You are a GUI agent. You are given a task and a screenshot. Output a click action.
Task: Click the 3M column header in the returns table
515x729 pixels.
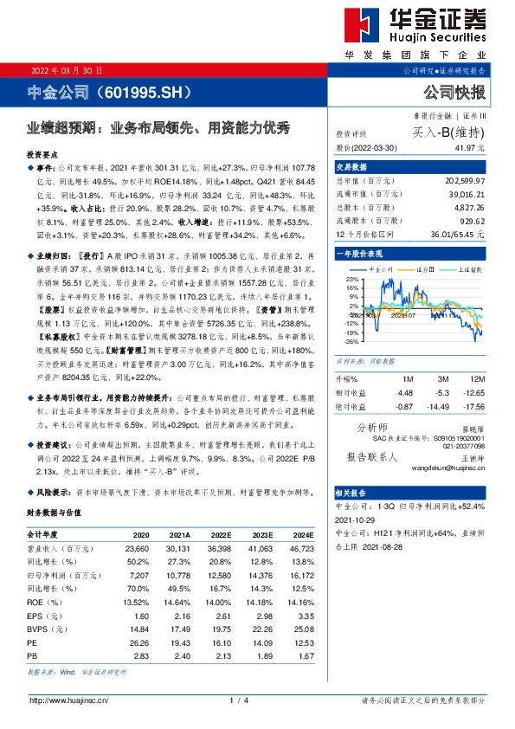(x=442, y=380)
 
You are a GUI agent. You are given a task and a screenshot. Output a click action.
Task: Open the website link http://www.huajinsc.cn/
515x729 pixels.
(x=69, y=700)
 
